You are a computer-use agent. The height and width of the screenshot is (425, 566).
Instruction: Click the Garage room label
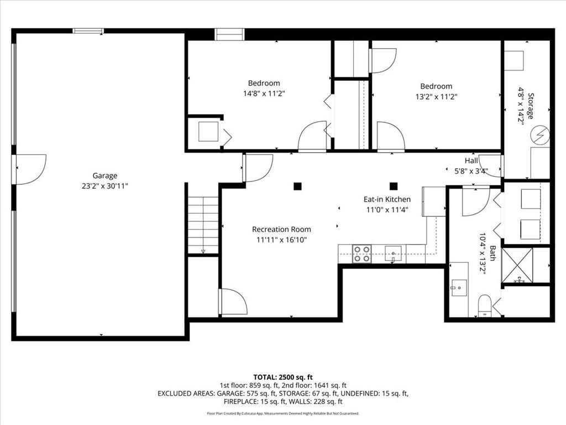[x=104, y=176]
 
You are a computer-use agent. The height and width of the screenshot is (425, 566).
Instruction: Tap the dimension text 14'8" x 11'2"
[x=264, y=94]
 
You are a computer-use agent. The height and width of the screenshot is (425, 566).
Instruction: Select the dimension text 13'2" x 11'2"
[x=436, y=96]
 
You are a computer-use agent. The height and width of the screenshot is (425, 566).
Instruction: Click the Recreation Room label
[x=281, y=229]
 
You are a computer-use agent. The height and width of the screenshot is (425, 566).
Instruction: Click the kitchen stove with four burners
[x=362, y=254]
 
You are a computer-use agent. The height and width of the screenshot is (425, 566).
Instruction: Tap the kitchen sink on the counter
[x=393, y=254]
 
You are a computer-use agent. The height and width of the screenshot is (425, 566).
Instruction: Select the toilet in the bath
[x=485, y=305]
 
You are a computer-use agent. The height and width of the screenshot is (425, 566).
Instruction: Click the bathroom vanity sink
[x=458, y=288]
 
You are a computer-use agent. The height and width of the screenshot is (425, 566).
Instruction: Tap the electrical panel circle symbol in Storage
[x=540, y=134]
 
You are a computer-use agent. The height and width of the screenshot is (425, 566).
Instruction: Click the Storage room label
[x=530, y=106]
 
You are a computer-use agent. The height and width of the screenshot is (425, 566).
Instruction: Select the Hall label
[x=471, y=160]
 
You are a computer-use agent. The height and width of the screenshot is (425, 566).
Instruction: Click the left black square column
[x=297, y=186]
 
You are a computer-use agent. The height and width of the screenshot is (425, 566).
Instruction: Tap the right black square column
[x=394, y=186]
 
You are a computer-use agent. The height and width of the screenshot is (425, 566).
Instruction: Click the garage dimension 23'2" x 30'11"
[x=104, y=186]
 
